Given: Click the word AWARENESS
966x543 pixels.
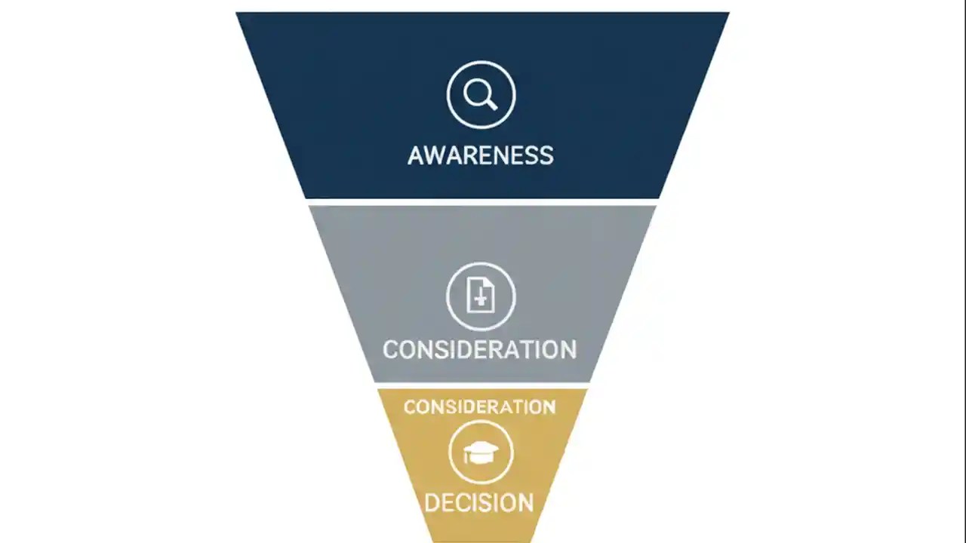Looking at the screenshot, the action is pos(481,155).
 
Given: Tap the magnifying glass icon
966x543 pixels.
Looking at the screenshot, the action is pos(481,95).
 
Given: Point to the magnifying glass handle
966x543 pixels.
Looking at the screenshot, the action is pos(491,104).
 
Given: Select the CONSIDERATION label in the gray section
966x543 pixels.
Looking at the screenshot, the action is pos(479,349).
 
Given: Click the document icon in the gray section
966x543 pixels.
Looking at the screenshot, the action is pos(481,296).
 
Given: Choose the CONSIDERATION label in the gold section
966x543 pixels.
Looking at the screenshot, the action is pos(480,407).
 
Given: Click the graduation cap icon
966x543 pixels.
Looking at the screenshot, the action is pos(481,452).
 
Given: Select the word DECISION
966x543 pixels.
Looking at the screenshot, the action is pos(479,502).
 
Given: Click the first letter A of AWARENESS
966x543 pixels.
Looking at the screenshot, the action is pos(417,155).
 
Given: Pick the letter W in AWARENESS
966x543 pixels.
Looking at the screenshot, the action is pos(436,155).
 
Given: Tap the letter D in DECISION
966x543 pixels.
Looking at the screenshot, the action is pos(433,502).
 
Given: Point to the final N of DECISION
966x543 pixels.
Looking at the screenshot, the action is pos(525,502).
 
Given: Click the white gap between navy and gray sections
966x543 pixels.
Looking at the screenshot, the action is pos(481,202).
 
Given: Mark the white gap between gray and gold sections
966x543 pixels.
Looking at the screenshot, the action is pos(481,385).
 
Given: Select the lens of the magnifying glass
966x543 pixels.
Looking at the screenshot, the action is pos(477,92).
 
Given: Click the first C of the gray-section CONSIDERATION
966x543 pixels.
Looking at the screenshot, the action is pos(392,350).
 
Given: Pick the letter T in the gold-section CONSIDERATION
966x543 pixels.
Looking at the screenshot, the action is pos(519,407).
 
